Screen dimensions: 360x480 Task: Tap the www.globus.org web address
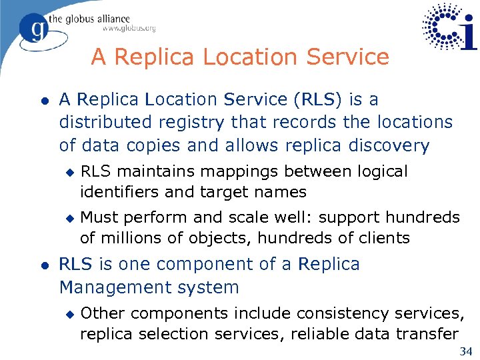pyautogui.click(x=129, y=29)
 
